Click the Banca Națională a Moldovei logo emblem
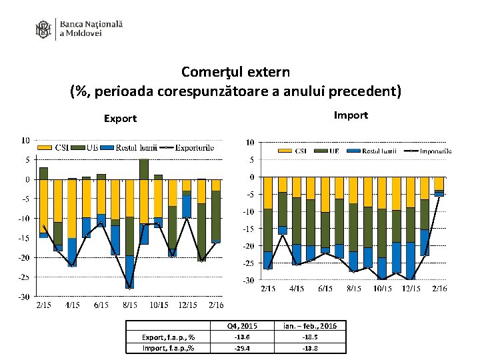[43, 29]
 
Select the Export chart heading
[120, 119]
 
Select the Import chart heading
[351, 115]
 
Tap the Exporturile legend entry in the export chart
[194, 147]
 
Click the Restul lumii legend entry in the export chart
[136, 147]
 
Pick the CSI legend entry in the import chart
[301, 151]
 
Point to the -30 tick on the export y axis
[23, 296]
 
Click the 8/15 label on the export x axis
[130, 305]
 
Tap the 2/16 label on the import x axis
[439, 289]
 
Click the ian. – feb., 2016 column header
[309, 326]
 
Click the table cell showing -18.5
[309, 337]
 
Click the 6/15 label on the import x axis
[325, 289]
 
